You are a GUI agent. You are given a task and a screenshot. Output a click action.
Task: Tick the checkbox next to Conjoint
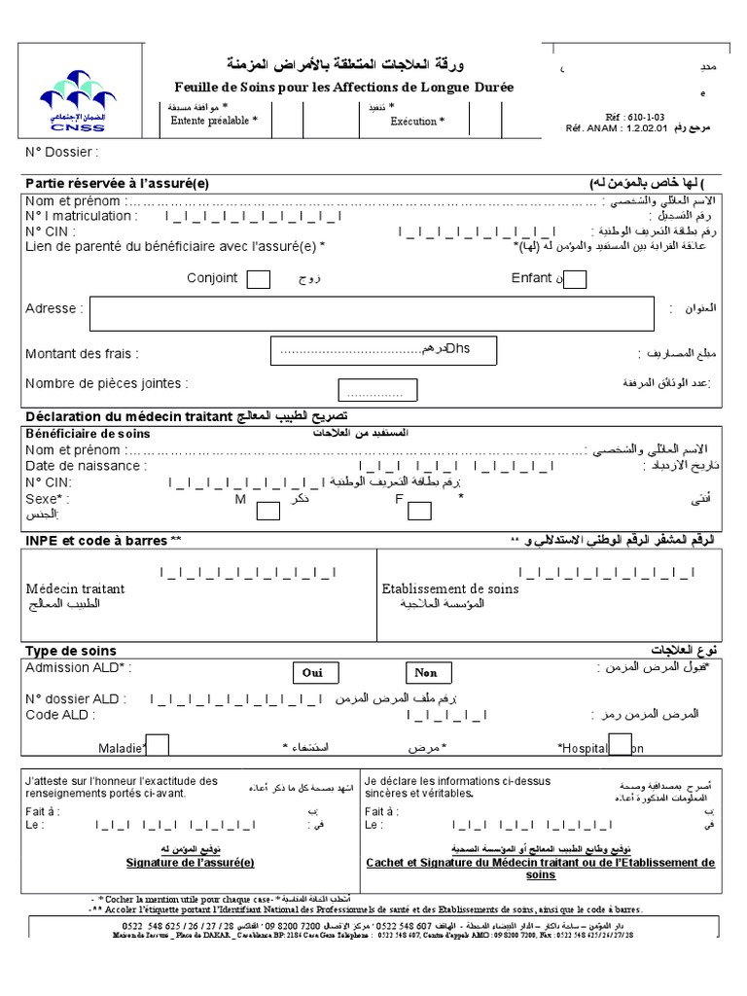point(259,280)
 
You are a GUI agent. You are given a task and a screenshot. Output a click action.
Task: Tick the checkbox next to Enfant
point(575,280)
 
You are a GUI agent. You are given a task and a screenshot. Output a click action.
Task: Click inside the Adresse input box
point(371,313)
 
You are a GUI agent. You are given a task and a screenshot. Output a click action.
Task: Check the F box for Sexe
point(419,511)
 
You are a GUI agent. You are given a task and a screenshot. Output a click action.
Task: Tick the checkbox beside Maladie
point(157,745)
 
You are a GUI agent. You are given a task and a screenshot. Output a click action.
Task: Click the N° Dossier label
point(61,153)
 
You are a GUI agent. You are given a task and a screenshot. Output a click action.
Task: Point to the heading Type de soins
point(70,651)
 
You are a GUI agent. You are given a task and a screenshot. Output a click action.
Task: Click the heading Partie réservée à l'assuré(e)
point(117,184)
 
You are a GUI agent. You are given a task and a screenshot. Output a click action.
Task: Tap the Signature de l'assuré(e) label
point(191,863)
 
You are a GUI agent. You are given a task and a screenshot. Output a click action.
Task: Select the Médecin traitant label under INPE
point(75,588)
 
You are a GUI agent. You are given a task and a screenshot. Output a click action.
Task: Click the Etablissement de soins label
point(450,588)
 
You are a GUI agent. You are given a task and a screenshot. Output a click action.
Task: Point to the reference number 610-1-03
point(622,115)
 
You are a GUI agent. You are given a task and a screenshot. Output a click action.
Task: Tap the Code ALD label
point(60,715)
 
